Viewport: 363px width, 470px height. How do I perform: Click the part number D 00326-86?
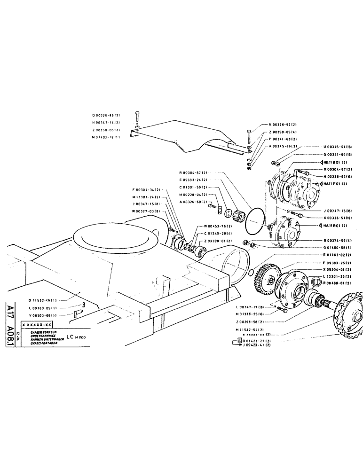pyautogui.click(x=106, y=115)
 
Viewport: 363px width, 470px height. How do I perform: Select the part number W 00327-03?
pyautogui.click(x=147, y=211)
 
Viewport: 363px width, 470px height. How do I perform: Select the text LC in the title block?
pyautogui.click(x=70, y=337)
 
